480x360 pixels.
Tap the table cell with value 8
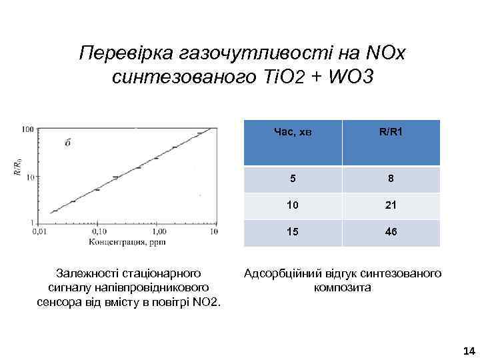click(x=391, y=179)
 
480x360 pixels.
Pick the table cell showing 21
click(x=391, y=206)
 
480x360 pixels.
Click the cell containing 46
click(x=391, y=233)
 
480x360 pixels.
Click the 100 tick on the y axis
click(x=28, y=129)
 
